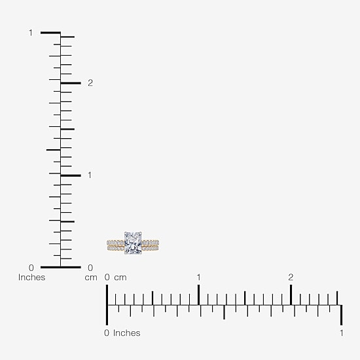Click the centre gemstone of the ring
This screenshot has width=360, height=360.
tap(133, 243)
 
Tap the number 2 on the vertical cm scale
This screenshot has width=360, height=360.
tap(90, 83)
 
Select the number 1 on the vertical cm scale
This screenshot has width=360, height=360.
tap(90, 175)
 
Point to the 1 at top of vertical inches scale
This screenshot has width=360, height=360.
tap(31, 33)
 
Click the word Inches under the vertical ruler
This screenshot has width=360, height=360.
tap(31, 278)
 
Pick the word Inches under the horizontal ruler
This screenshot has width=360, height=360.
tap(127, 333)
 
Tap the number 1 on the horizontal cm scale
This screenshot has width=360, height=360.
tap(198, 278)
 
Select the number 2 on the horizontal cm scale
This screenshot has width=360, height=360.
tap(291, 278)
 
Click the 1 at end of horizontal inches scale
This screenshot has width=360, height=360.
tap(342, 333)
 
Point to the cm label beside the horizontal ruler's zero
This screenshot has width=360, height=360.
tap(120, 278)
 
